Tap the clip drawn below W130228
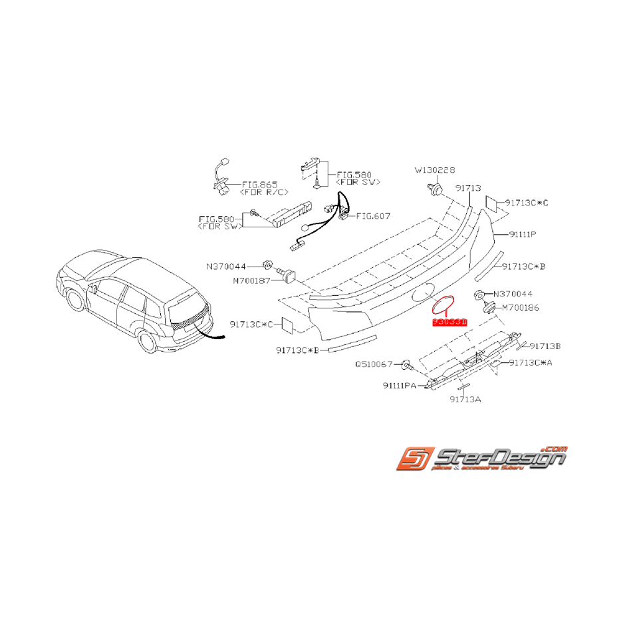tap(435, 191)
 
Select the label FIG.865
tap(259, 184)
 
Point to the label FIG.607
tap(374, 215)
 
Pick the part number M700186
tap(521, 308)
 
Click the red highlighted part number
tap(450, 322)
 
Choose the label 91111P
tap(523, 234)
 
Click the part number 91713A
tap(465, 400)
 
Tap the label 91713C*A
tap(535, 362)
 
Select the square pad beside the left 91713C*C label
tap(289, 324)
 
